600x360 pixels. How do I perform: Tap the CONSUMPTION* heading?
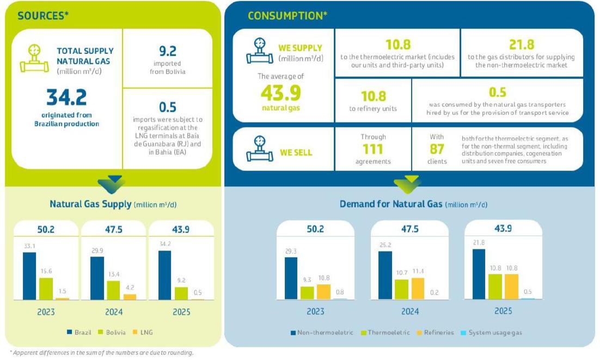287,16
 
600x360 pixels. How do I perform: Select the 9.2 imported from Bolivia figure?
168,51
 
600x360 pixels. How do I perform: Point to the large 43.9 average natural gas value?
280,93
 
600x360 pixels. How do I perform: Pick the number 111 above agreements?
373,149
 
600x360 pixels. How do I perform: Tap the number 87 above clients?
437,149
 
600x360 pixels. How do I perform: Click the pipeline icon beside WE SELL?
260,149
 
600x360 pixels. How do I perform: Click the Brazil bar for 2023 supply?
29,276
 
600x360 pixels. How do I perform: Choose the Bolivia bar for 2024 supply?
113,290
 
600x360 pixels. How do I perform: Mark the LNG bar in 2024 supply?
130,297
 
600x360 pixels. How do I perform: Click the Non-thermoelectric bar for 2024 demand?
385,275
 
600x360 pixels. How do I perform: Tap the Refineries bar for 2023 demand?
323,291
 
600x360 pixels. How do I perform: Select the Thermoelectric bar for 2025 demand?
495,286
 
